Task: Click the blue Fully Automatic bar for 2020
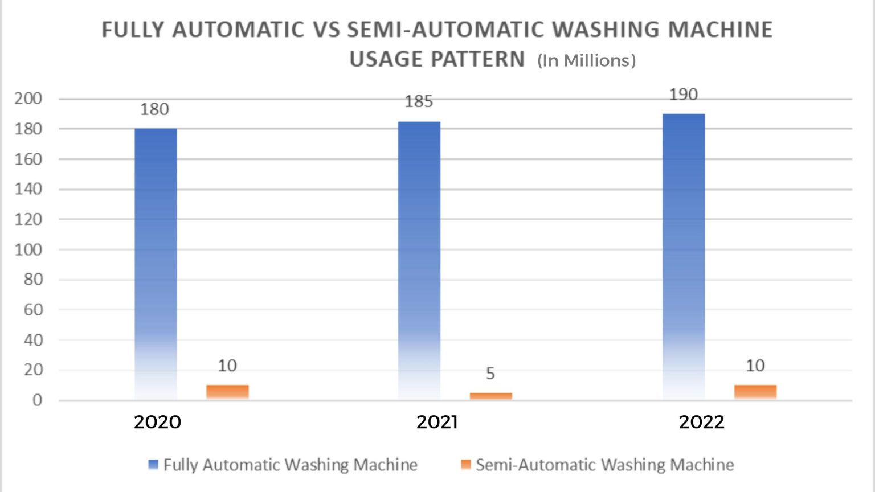(156, 262)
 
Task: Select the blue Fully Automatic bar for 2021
(419, 259)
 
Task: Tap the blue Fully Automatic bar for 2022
(684, 256)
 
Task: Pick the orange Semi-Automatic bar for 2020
(227, 392)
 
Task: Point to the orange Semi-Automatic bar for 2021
(491, 396)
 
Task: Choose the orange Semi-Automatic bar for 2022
(755, 392)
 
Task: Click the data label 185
(419, 102)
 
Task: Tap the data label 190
(684, 95)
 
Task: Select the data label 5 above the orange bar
(490, 374)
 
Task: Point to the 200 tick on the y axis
(28, 99)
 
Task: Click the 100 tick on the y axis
(28, 249)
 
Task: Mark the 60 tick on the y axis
(32, 310)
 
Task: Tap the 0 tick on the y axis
(37, 400)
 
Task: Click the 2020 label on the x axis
(157, 422)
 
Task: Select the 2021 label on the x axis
(437, 422)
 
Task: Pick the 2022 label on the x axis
(702, 422)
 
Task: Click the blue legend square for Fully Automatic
(153, 465)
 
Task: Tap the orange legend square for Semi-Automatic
(466, 465)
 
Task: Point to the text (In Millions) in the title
(587, 60)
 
